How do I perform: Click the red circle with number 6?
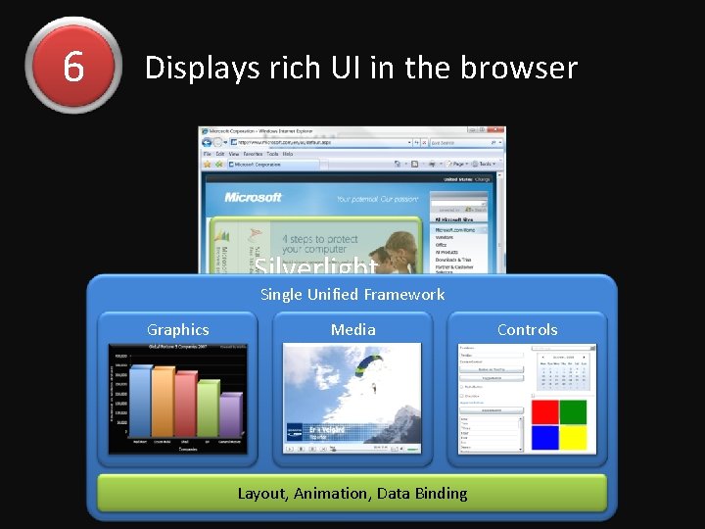click(73, 66)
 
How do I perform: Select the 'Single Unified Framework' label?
click(352, 294)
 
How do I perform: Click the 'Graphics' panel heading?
click(177, 330)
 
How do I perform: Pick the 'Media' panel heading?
click(352, 330)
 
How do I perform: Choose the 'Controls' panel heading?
click(527, 330)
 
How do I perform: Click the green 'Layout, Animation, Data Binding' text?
click(352, 493)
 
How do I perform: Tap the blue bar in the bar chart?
click(141, 402)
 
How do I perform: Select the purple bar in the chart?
click(231, 415)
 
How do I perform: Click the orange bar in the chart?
click(164, 403)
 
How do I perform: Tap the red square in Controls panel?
click(544, 412)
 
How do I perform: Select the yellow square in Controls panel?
click(573, 437)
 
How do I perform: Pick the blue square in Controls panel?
click(544, 437)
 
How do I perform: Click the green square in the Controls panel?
click(573, 412)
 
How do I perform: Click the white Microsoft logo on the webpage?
click(253, 197)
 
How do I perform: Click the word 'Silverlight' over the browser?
click(316, 266)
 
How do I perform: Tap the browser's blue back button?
click(208, 142)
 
